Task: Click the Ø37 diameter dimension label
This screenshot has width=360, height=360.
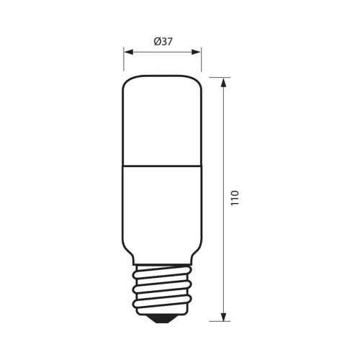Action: point(163,42)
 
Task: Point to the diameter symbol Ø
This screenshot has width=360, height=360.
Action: point(157,42)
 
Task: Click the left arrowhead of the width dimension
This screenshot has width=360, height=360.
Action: point(127,52)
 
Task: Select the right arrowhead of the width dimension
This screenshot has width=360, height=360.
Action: point(197,52)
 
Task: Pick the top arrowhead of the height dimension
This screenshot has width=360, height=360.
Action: point(225,80)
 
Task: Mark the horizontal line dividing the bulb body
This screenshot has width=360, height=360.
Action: point(162,163)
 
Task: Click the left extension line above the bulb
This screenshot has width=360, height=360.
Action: point(124,61)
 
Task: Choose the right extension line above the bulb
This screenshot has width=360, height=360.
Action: point(201,61)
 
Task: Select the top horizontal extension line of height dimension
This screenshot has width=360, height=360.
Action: point(216,75)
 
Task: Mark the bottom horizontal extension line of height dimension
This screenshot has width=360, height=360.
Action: point(216,320)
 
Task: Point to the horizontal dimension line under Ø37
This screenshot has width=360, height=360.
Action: point(162,52)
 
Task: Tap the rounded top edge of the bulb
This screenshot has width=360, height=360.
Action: point(162,76)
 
